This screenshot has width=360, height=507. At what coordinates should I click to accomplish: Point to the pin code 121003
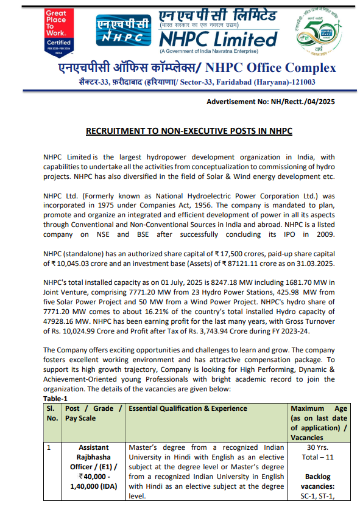(x=302, y=82)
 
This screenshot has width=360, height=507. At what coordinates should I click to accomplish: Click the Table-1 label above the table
(x=55, y=398)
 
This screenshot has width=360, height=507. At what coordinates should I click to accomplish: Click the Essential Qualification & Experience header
(x=180, y=408)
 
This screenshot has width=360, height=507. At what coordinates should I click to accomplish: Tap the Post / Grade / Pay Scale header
(x=93, y=413)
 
